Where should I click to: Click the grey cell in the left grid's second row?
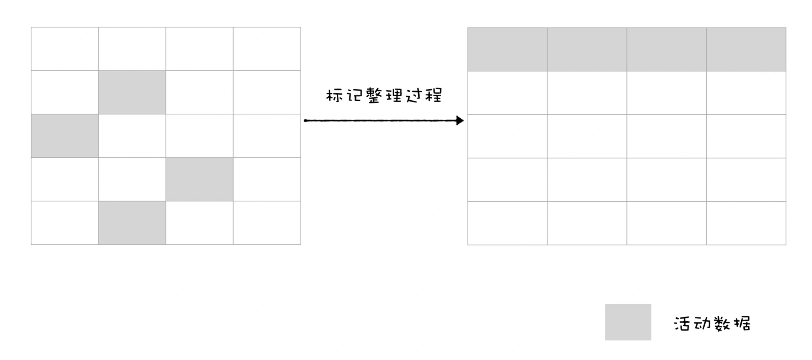(x=132, y=92)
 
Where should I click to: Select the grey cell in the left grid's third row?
(x=65, y=136)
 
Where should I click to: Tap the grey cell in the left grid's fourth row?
(x=199, y=179)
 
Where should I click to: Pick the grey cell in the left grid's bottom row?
(x=132, y=223)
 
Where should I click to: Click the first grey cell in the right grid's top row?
(x=507, y=49)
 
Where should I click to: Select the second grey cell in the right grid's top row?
(x=587, y=49)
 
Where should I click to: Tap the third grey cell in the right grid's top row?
(x=667, y=49)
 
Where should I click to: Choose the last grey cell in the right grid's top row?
(x=746, y=49)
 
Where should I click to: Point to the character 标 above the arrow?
(x=334, y=96)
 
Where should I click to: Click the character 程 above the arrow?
(x=434, y=96)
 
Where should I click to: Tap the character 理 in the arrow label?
(x=394, y=96)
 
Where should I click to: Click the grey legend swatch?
(x=628, y=322)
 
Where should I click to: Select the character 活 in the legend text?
(x=682, y=324)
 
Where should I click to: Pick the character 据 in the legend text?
(x=742, y=324)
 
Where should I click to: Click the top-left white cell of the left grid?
(x=65, y=49)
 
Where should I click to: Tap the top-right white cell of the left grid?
(x=267, y=49)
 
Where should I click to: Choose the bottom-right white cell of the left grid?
(x=267, y=223)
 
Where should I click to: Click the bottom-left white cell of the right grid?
(x=507, y=223)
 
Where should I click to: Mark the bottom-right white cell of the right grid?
(x=746, y=223)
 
